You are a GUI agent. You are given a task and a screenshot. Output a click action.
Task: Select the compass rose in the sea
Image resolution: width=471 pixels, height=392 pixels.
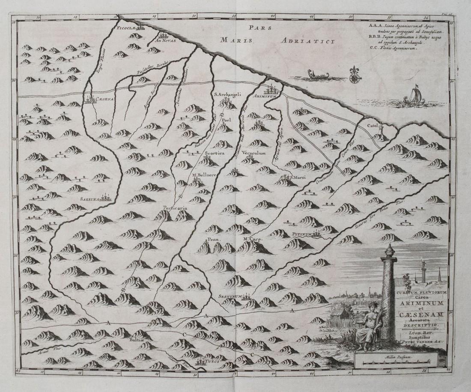[355, 77]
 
